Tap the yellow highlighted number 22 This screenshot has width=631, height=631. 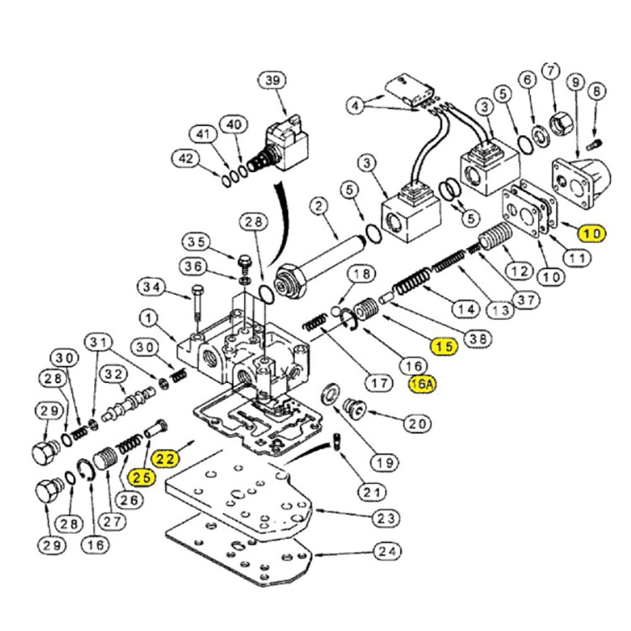pos(165,459)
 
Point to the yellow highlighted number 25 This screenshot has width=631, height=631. pos(141,478)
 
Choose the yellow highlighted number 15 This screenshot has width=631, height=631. pos(443,345)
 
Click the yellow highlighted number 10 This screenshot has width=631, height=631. pos(591,233)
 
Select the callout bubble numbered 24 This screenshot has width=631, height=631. pos(387,552)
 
